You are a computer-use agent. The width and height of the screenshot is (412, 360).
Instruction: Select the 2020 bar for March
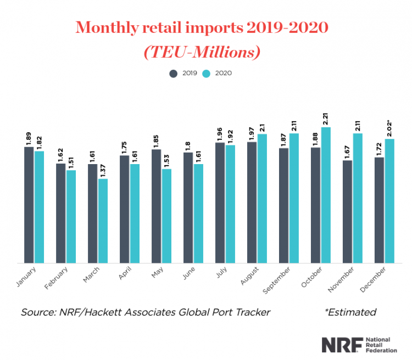(x=103, y=221)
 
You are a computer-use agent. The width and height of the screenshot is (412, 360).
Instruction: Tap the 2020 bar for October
(x=326, y=195)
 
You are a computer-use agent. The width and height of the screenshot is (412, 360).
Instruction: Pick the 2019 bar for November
(x=348, y=211)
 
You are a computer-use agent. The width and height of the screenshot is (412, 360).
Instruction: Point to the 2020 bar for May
(x=167, y=216)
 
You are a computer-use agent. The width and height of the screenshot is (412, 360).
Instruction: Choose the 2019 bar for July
(x=220, y=203)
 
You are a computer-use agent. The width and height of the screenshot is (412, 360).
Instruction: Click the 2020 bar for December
(x=390, y=201)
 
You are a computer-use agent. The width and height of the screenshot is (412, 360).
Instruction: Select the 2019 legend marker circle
(x=174, y=73)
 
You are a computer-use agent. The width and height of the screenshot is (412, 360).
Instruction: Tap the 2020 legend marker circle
(x=207, y=73)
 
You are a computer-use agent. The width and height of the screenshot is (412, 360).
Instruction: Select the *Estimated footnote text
(x=350, y=312)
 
